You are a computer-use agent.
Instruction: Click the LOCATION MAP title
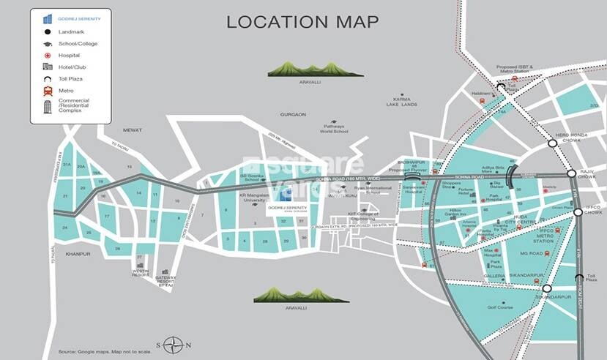[302, 21]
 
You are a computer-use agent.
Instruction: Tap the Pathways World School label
[334, 129]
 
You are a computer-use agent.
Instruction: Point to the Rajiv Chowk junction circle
[571, 173]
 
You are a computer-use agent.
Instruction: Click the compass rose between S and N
[173, 344]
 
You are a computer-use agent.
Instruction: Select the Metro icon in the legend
[48, 90]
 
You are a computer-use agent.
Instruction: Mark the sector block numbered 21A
[66, 165]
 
